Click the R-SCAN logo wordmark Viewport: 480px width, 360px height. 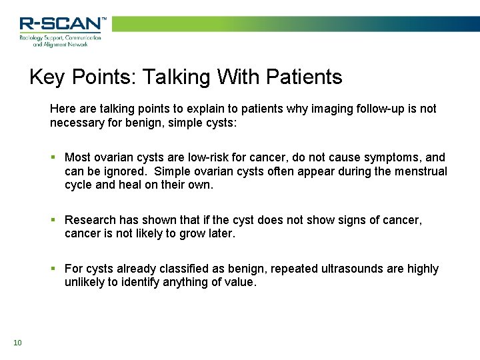coord(62,24)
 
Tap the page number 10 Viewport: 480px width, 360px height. coord(17,343)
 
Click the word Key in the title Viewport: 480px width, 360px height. coord(47,77)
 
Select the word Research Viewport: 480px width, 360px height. coord(91,220)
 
